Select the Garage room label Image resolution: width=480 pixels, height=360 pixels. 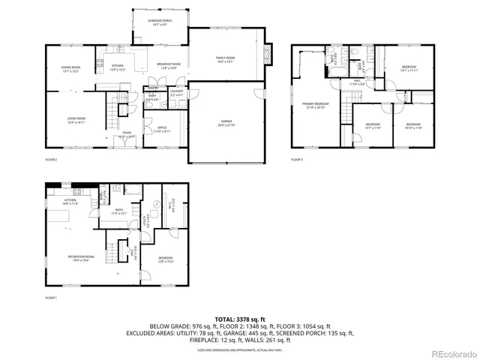pyautogui.click(x=226, y=124)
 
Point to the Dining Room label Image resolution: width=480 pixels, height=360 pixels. pyautogui.click(x=71, y=69)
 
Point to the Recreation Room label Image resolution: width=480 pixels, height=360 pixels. pyautogui.click(x=79, y=259)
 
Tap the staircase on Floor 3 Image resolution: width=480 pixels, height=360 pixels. pyautogui.click(x=345, y=112)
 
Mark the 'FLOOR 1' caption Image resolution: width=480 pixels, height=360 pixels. pyautogui.click(x=51, y=298)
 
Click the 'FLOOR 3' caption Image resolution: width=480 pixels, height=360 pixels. pyautogui.click(x=297, y=159)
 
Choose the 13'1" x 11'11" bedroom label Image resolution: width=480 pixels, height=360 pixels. pyautogui.click(x=409, y=69)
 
